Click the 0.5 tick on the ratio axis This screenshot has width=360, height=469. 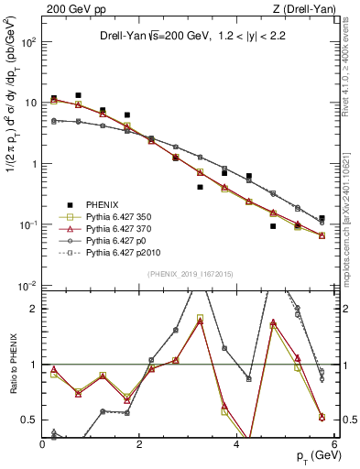(31, 420)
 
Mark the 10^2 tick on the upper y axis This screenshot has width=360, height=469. (27, 42)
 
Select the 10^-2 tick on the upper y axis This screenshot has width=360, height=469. (27, 286)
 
